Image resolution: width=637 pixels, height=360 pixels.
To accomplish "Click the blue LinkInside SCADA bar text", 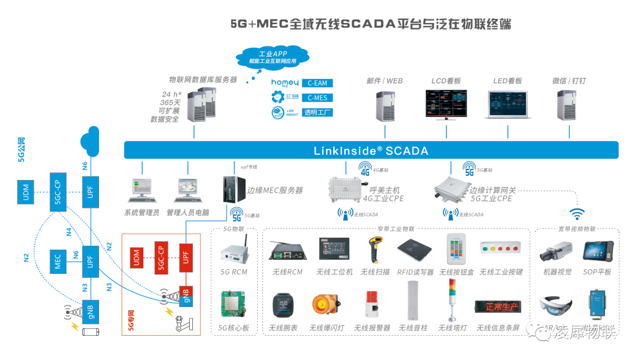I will (x=371, y=150).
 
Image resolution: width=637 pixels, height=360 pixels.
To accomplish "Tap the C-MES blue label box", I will (x=317, y=98).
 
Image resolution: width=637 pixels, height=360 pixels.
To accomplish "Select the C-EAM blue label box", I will (x=317, y=83).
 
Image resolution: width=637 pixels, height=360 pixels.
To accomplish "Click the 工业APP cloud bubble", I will (x=272, y=57).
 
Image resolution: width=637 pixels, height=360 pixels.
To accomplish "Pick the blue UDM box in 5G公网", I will (x=26, y=194).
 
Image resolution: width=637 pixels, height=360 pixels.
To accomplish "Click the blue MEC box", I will (x=58, y=261).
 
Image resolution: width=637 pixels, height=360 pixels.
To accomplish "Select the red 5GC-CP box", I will (x=161, y=258).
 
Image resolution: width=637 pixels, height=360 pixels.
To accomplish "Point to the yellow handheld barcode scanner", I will (x=373, y=250).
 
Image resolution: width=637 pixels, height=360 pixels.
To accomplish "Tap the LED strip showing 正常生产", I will (x=498, y=307).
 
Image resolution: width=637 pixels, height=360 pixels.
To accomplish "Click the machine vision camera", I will (x=556, y=253).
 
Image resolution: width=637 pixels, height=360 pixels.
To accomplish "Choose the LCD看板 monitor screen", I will (x=446, y=103).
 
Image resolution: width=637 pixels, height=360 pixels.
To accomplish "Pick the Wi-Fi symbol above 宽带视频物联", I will (x=576, y=213).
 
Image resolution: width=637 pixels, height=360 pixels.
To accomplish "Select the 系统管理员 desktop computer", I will (x=141, y=190).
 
